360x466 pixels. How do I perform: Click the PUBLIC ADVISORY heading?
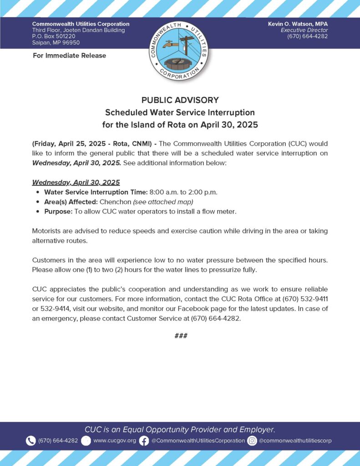(x=180, y=100)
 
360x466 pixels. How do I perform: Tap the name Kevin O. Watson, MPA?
(x=298, y=24)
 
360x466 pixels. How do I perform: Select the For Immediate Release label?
(x=69, y=56)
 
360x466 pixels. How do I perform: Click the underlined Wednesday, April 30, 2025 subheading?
(x=76, y=182)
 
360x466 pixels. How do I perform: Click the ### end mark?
(x=180, y=336)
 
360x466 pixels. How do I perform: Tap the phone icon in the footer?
(x=30, y=441)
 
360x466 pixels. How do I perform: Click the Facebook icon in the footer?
(x=144, y=441)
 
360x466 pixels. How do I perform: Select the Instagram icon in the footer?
(x=252, y=441)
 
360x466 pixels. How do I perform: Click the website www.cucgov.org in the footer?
(x=115, y=441)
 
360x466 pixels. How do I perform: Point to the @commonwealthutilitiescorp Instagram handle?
(x=295, y=441)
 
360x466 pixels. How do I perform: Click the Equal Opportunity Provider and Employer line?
(x=180, y=429)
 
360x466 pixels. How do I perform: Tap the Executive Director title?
(x=304, y=30)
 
